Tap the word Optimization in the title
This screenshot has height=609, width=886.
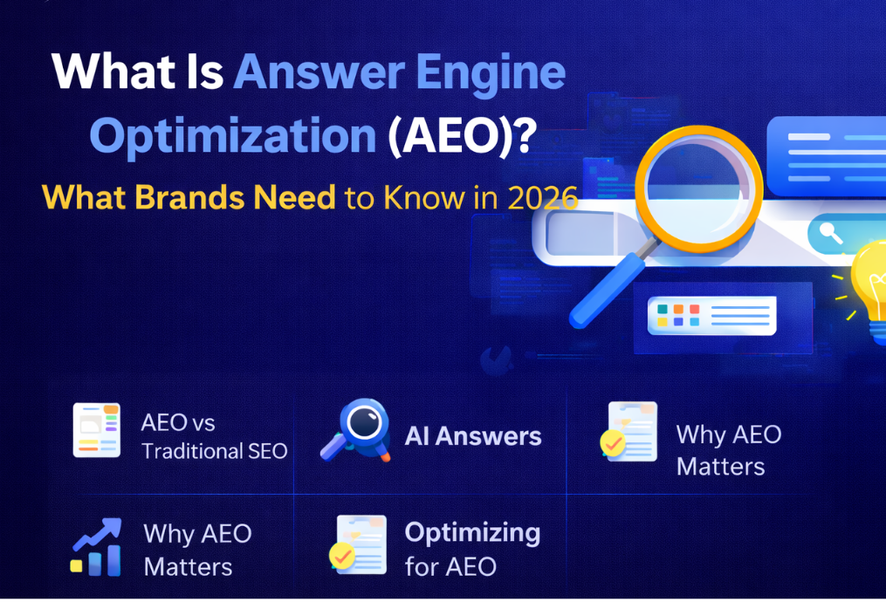[232, 137]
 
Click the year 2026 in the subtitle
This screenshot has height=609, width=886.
[542, 198]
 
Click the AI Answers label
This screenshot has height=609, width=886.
[472, 436]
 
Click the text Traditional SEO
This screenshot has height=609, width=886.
[214, 452]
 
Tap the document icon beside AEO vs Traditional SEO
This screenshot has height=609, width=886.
[96, 430]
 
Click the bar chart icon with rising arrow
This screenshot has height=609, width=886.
[96, 548]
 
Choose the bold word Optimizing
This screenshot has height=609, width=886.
[472, 532]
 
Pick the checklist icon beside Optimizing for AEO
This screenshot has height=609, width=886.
[358, 545]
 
